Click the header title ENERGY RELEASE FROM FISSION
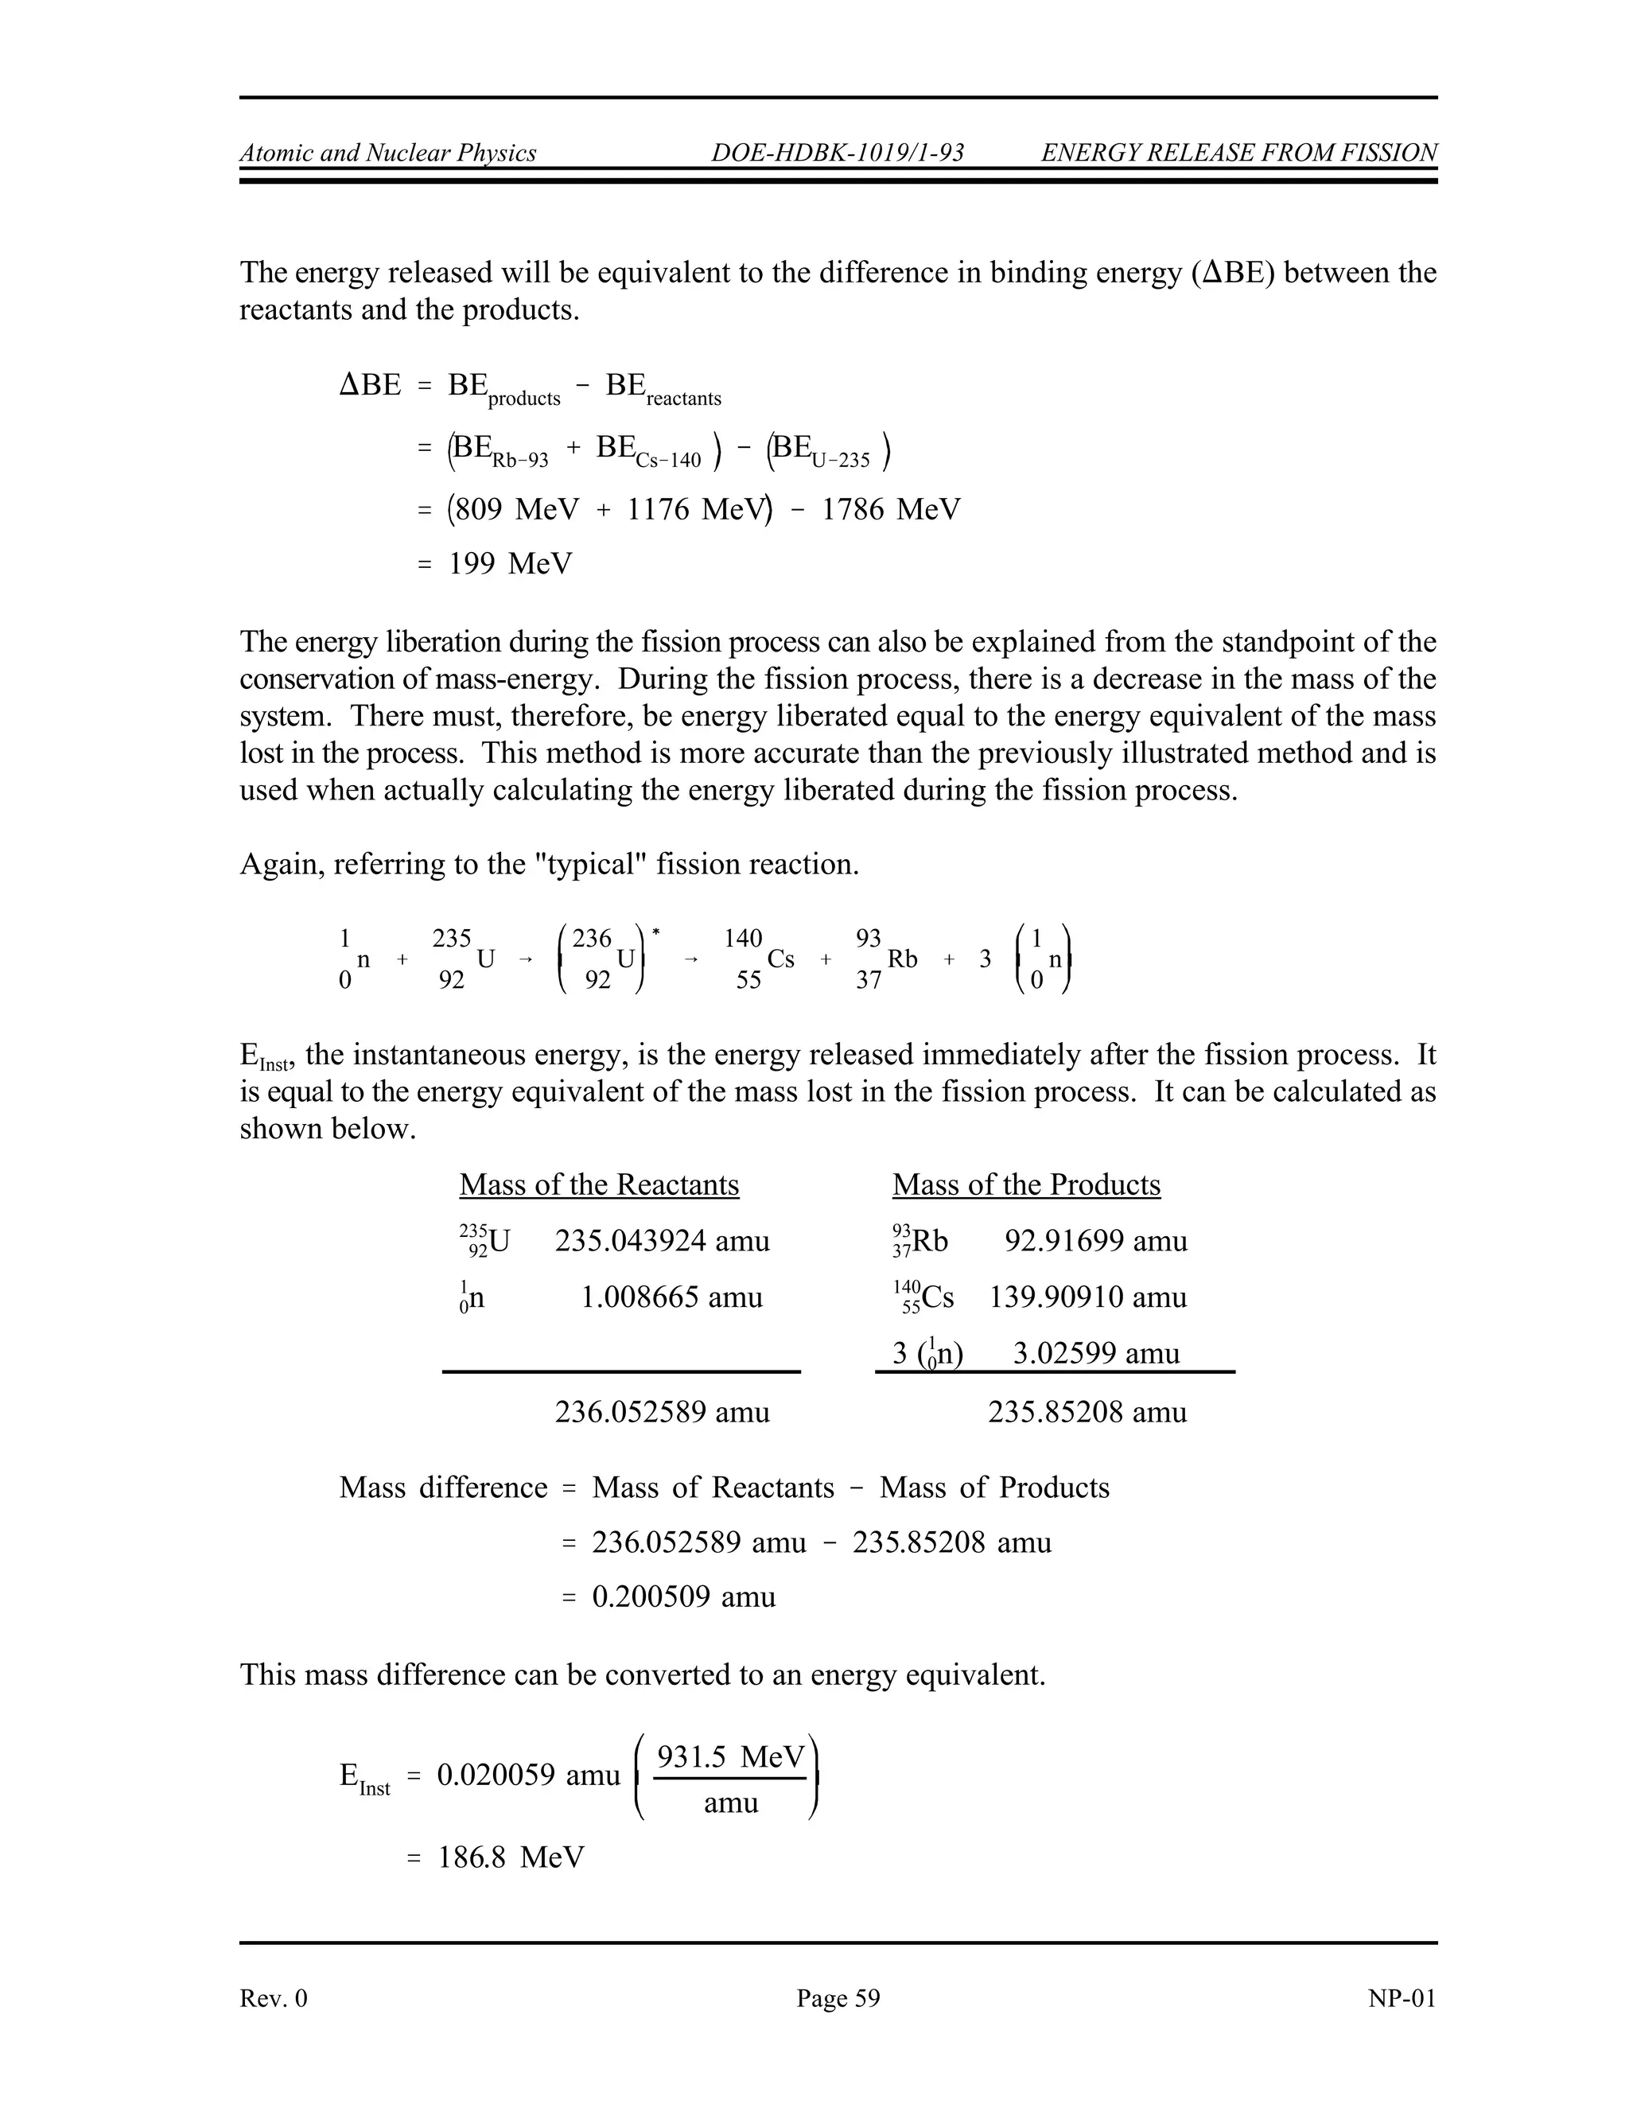[1239, 153]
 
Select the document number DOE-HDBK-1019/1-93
[838, 153]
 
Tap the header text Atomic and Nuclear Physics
[388, 153]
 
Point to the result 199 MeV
[510, 564]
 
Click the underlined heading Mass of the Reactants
[598, 1184]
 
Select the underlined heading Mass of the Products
[1026, 1184]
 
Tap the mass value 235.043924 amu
[662, 1240]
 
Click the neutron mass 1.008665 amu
[671, 1297]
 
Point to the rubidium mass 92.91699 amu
[1095, 1240]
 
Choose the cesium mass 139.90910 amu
[1087, 1297]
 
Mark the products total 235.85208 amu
[1087, 1412]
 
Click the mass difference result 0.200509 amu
[683, 1597]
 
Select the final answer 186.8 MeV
[511, 1857]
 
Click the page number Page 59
[838, 1998]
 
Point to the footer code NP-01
[1402, 1998]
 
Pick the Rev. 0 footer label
[273, 1998]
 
